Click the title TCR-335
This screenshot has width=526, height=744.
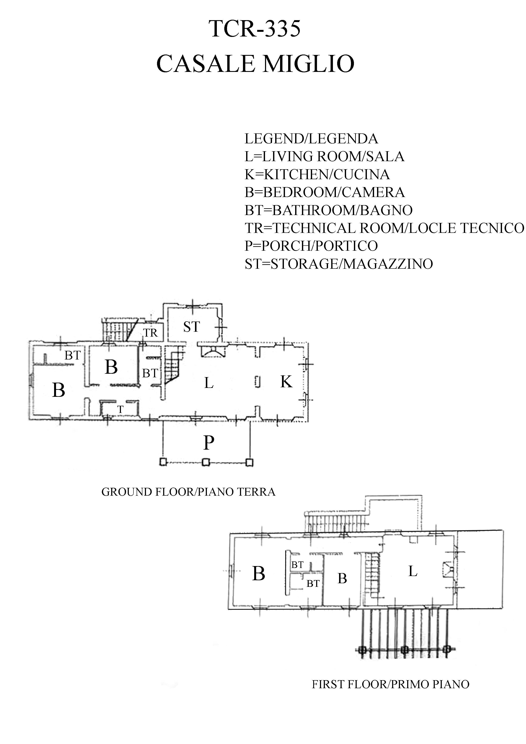[255, 29]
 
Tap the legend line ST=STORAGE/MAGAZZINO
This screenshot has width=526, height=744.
[338, 264]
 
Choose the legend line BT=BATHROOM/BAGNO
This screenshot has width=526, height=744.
[328, 210]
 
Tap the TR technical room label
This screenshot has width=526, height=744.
[150, 333]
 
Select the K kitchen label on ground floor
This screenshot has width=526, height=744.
[286, 381]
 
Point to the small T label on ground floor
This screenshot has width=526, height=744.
[120, 410]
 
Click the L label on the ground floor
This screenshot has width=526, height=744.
[209, 383]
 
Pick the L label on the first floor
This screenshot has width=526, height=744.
[412, 571]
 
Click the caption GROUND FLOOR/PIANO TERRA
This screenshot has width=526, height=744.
[188, 492]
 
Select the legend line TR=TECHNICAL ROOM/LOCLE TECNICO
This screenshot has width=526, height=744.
[384, 228]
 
